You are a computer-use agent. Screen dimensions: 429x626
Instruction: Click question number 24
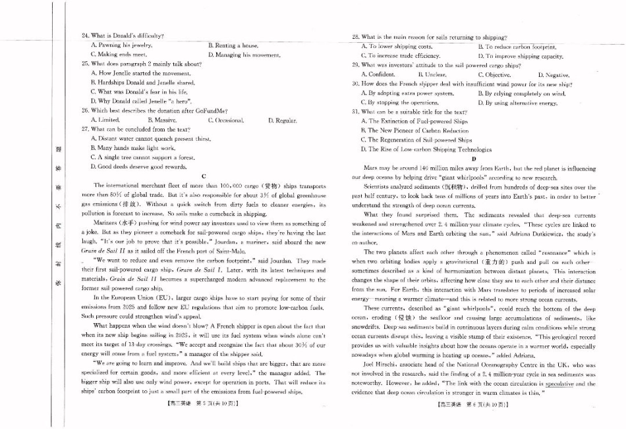click(85, 36)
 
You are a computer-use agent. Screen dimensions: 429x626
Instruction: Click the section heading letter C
click(203, 176)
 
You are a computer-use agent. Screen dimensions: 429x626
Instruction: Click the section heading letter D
click(473, 159)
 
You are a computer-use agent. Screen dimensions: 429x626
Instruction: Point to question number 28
click(355, 38)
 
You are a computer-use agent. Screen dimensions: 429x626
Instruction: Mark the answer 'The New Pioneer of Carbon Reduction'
click(414, 131)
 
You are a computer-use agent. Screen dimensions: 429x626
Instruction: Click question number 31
click(355, 112)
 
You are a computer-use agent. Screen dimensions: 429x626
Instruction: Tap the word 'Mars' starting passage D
click(370, 168)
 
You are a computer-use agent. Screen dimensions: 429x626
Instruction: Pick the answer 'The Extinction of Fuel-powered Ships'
click(414, 121)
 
